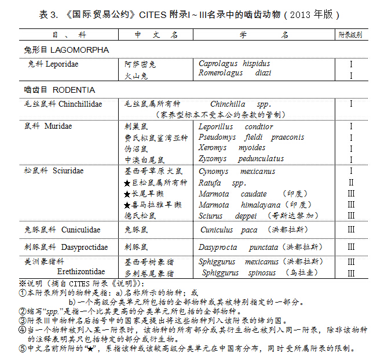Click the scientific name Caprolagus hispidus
point(234,64)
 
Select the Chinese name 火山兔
point(137,75)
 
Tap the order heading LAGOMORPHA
point(80,50)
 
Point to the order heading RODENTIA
point(74,90)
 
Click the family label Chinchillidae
point(80,104)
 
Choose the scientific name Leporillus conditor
point(236,126)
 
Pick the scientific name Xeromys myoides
point(232,148)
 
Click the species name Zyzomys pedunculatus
point(241,158)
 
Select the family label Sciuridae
point(68,171)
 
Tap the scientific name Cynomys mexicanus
point(237,172)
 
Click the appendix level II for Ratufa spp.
point(351,183)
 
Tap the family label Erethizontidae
point(80,271)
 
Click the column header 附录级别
point(350,35)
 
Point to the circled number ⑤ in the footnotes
point(23,348)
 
